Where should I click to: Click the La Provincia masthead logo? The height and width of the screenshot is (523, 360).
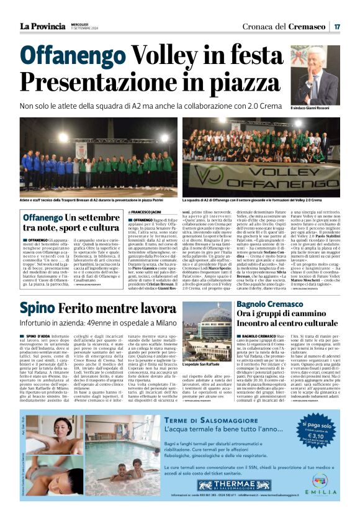click(x=42, y=26)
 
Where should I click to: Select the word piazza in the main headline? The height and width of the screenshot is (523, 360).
click(x=243, y=81)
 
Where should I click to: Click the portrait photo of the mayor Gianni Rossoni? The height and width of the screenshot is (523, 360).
click(x=315, y=75)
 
